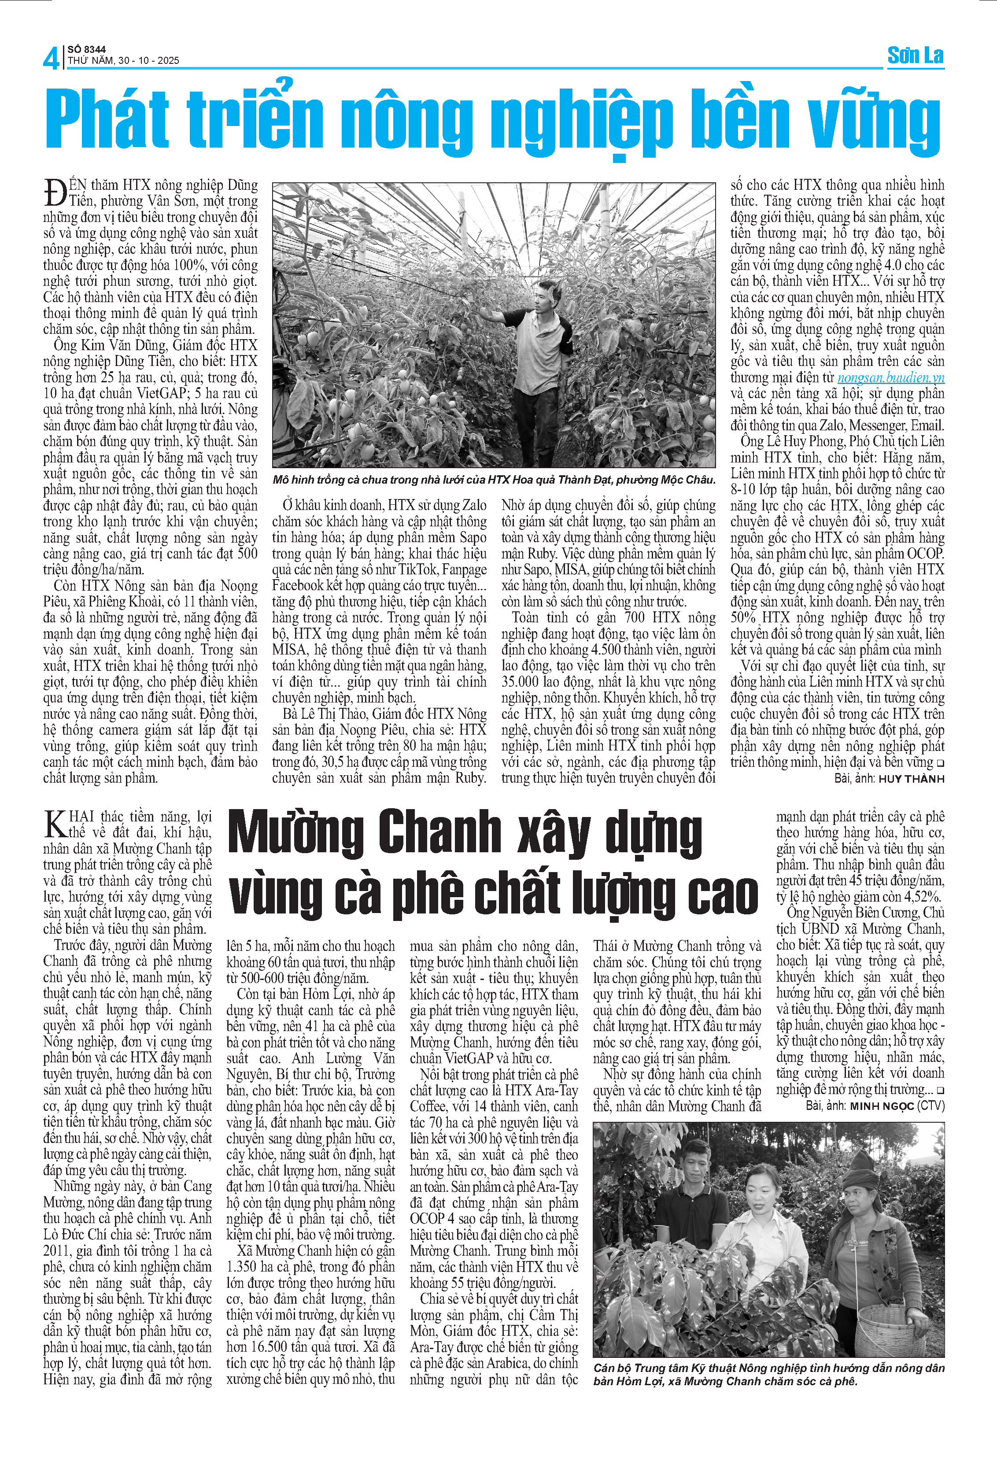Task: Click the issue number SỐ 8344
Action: point(87,49)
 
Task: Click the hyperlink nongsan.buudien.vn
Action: point(890,377)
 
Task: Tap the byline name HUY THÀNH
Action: point(911,779)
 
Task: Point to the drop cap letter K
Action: point(55,823)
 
